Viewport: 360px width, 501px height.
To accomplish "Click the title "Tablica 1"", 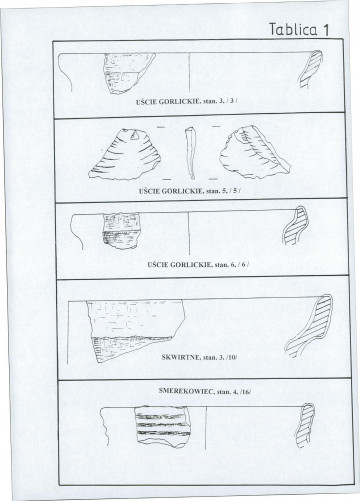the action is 299,29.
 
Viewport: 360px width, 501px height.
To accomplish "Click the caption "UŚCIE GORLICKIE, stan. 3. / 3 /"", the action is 187,102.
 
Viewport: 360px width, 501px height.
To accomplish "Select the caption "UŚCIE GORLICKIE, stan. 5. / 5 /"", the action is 190,191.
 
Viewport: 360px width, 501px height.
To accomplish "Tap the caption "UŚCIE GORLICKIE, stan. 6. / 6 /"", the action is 198,265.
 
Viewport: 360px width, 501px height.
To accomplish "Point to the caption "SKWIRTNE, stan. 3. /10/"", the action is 199,357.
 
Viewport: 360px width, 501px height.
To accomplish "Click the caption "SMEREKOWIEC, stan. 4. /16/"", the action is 205,391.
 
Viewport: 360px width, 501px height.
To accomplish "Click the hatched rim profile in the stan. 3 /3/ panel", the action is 311,69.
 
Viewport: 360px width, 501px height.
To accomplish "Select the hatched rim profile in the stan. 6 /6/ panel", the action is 296,225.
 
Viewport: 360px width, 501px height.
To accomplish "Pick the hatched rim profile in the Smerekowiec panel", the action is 305,426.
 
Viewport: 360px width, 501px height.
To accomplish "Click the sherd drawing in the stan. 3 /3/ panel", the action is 127,73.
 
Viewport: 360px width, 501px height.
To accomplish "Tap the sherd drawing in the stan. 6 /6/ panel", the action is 122,231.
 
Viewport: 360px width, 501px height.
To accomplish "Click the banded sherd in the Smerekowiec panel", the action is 162,426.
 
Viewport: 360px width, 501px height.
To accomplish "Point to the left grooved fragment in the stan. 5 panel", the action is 125,155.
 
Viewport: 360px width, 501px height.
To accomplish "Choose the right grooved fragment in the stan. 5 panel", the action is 254,152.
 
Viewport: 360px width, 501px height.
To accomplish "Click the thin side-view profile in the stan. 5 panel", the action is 191,153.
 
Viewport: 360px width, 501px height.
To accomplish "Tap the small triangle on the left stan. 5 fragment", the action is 135,135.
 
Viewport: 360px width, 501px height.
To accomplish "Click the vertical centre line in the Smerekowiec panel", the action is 206,428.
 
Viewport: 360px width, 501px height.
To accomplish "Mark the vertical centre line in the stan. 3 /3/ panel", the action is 189,73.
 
